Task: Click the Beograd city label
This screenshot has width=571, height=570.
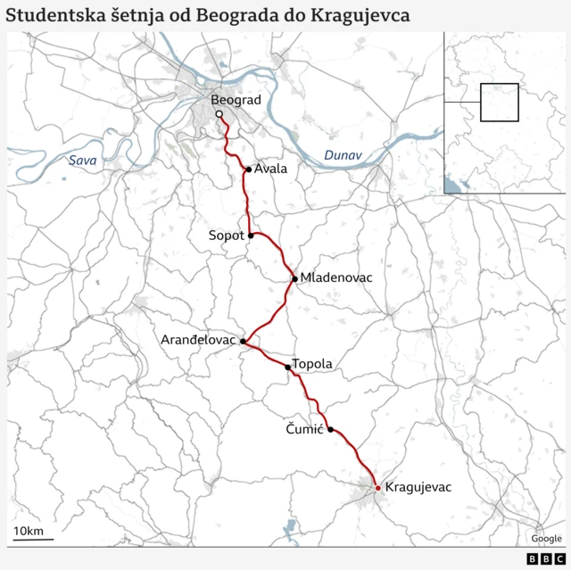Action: point(236,100)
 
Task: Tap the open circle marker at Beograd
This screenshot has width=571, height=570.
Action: point(219,114)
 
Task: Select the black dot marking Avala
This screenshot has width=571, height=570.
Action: point(248,169)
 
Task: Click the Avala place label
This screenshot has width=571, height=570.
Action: point(270,169)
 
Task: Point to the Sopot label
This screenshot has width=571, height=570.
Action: point(226,235)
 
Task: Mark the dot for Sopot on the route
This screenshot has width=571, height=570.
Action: point(252,235)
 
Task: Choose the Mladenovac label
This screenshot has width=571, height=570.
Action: point(336,277)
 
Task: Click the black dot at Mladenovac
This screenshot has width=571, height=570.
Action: point(295,278)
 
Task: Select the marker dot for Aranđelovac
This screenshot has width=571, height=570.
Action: point(243,341)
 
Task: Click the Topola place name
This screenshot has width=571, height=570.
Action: point(312,364)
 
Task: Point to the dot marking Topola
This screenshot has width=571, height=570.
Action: point(287,367)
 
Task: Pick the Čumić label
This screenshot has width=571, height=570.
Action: point(304,429)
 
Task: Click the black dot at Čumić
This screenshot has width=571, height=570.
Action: point(331,429)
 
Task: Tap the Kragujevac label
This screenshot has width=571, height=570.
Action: point(418,487)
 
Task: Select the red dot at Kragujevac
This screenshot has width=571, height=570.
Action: point(377,487)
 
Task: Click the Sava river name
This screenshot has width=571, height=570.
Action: point(83,161)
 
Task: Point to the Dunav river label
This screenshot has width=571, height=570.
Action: point(343,155)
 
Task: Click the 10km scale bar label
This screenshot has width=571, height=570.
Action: point(28,532)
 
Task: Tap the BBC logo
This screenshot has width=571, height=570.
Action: point(539,558)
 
